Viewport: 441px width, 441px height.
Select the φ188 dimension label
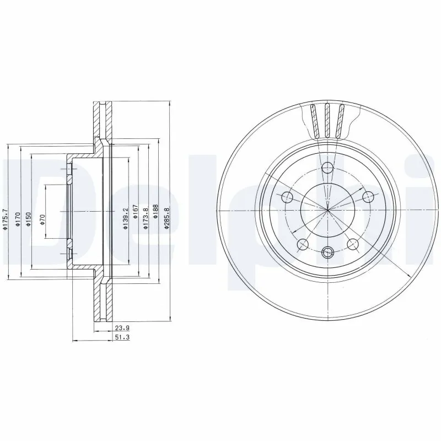click(156, 212)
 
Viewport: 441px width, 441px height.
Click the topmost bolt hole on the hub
click(327, 169)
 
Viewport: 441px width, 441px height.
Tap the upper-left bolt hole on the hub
click(287, 197)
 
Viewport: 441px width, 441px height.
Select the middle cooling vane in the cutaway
click(327, 120)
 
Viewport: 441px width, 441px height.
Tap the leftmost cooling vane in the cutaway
click(315, 121)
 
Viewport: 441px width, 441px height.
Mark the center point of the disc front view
click(327, 211)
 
